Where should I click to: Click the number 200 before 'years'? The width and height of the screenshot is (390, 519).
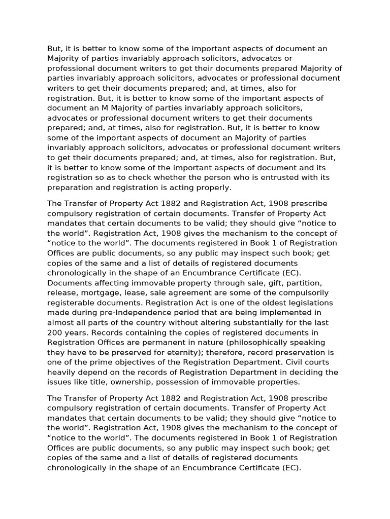click(55, 332)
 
